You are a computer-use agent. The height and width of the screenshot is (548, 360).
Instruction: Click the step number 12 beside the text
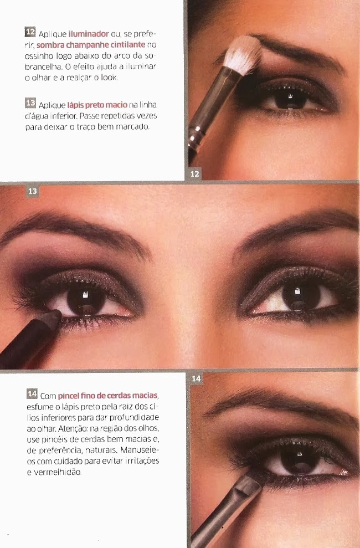pos(30,32)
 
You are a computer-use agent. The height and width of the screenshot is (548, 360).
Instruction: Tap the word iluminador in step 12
pos(89,34)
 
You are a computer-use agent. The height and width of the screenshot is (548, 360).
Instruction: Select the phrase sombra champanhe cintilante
pos(91,45)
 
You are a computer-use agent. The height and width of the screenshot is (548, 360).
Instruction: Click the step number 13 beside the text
pos(30,103)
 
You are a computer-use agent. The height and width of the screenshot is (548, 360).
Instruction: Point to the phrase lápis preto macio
pos(97,105)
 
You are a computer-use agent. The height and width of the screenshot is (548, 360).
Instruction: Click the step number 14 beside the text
pos(32,393)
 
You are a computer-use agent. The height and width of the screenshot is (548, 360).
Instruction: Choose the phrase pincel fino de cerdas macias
pos(108,396)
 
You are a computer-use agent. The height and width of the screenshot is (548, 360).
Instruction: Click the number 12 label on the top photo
pos(195,173)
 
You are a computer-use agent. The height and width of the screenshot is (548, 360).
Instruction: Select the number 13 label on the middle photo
pos(33,191)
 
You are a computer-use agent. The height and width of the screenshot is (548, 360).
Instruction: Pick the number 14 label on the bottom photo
pos(197,378)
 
